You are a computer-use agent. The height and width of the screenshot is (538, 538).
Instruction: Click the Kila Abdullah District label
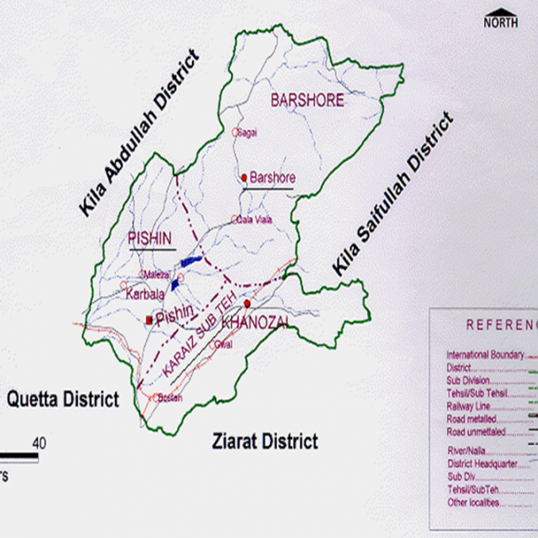point(140,132)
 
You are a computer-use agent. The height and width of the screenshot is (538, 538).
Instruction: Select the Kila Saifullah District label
point(394,194)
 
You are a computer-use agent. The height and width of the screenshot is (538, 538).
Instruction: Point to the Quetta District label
point(63,400)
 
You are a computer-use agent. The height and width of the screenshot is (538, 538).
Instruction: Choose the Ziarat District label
point(264,441)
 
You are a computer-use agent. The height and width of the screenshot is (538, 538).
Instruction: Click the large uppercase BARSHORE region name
point(305,100)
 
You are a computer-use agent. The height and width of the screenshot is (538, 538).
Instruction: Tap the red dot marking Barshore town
point(244,178)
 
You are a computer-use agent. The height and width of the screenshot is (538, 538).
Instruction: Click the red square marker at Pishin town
point(149,319)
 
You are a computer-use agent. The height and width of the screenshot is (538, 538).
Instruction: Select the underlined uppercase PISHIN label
point(151,238)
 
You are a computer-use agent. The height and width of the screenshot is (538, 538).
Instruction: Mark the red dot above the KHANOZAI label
point(247,303)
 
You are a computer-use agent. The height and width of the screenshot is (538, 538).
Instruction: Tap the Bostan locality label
point(169,398)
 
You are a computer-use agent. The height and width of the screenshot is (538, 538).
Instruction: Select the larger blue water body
point(190,262)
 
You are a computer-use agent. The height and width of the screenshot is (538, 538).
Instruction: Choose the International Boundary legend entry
point(485,355)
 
